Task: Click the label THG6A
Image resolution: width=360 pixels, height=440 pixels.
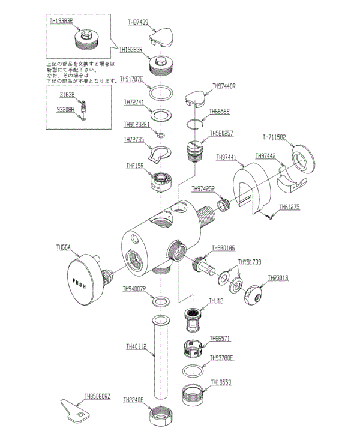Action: pos(63,247)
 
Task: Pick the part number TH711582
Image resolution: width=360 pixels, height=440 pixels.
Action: pos(274,137)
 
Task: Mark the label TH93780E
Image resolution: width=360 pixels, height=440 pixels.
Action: pos(222,358)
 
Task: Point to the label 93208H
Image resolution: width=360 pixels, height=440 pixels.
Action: pos(65,109)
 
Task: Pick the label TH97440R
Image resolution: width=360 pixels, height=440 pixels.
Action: pos(224,86)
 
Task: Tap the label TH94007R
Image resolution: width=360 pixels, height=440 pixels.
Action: pos(135,289)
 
